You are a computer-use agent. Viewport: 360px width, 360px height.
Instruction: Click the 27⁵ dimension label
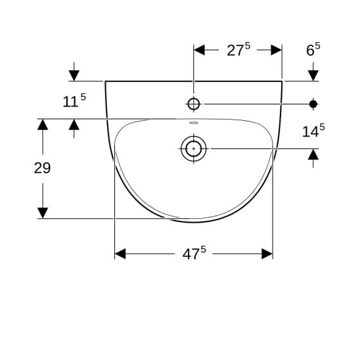(x=238, y=49)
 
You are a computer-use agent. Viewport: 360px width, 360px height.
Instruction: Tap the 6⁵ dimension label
(x=313, y=49)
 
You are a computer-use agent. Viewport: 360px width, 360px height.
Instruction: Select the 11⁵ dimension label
(x=74, y=101)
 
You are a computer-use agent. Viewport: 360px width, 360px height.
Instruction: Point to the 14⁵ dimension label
(x=313, y=131)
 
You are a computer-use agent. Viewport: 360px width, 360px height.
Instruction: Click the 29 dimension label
(x=42, y=168)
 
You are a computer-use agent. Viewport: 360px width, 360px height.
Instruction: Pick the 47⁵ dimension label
(x=194, y=253)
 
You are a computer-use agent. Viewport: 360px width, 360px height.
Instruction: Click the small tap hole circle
(x=194, y=104)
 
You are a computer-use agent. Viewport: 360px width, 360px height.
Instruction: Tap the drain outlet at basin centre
(x=194, y=148)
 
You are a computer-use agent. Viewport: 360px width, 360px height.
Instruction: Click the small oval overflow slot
(x=194, y=123)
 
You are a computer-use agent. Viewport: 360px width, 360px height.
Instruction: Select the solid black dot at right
(x=313, y=104)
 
